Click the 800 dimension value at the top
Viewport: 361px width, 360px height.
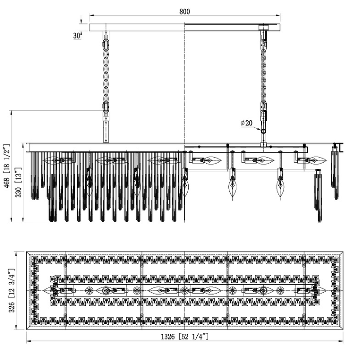click(x=184, y=12)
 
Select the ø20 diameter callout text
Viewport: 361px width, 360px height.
click(x=246, y=123)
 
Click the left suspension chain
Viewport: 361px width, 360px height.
click(x=106, y=72)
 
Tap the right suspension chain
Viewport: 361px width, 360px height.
click(x=263, y=72)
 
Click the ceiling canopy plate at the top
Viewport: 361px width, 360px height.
click(x=184, y=28)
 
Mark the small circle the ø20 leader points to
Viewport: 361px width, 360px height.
click(x=263, y=130)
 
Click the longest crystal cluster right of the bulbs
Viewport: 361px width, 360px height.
click(x=319, y=196)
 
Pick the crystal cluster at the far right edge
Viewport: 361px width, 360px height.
click(x=335, y=174)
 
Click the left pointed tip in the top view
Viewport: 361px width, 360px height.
click(x=46, y=290)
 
